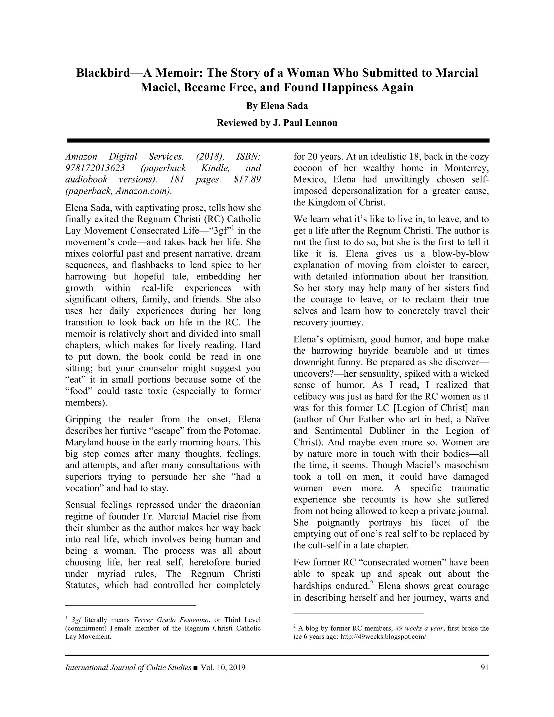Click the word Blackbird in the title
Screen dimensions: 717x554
pos(103,73)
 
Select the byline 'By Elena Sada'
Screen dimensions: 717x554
pos(277,106)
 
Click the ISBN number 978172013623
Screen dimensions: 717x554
pos(95,168)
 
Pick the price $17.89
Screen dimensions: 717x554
pos(247,179)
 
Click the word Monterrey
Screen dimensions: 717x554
pos(467,168)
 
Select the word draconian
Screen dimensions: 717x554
pos(238,505)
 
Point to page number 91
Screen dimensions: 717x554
pos(484,667)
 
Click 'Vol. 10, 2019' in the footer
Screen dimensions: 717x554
pos(223,667)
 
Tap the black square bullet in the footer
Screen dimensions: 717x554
pos(196,668)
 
